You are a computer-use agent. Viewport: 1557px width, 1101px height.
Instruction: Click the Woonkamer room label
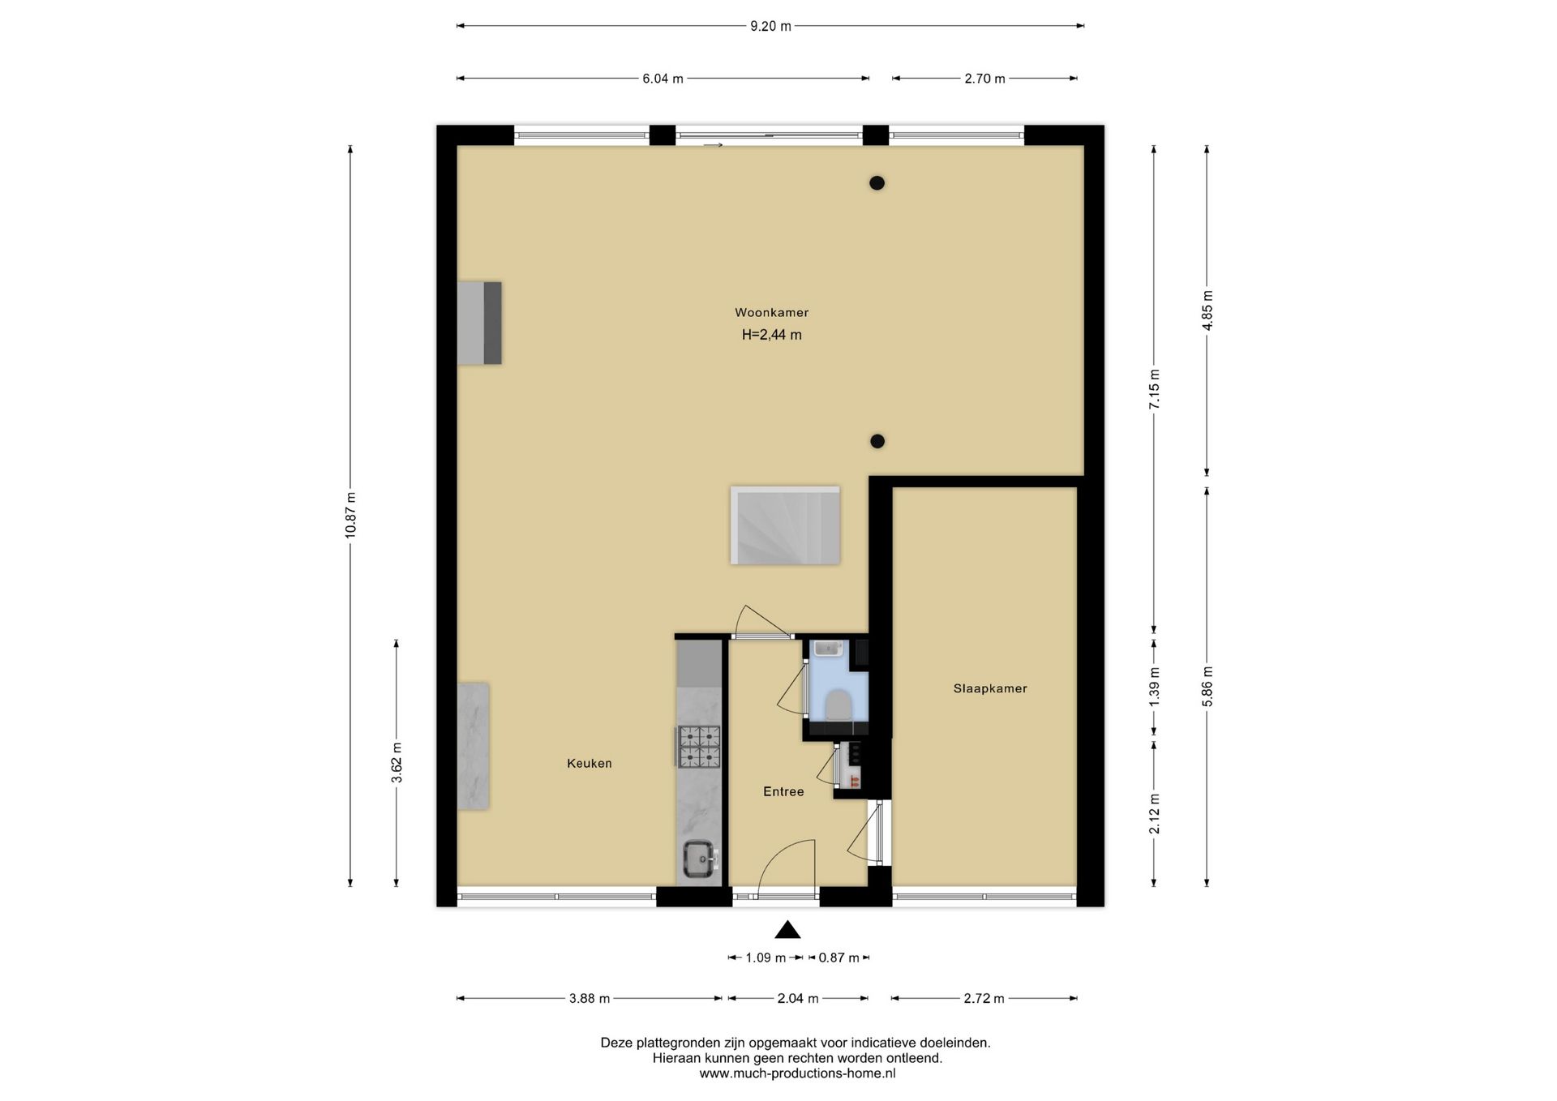click(x=771, y=312)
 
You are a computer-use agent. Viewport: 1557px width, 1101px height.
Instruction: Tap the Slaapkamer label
click(x=990, y=688)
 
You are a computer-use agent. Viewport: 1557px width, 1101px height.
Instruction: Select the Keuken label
click(x=590, y=763)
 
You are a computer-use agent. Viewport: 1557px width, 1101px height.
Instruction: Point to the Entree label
click(x=783, y=791)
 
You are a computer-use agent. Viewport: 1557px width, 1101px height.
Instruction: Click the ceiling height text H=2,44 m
click(x=771, y=335)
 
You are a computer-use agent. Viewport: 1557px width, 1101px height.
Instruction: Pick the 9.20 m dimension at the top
click(x=770, y=26)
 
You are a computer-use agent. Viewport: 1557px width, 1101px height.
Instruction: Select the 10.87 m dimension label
click(x=350, y=516)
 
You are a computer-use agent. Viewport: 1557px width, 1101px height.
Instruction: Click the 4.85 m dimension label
click(x=1207, y=311)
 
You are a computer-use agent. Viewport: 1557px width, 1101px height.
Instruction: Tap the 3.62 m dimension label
click(x=397, y=763)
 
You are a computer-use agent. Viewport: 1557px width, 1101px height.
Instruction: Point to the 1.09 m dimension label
click(x=766, y=957)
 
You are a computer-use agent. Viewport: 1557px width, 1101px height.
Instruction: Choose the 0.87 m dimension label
click(x=839, y=957)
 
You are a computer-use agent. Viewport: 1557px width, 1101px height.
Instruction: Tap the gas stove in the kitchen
click(x=699, y=747)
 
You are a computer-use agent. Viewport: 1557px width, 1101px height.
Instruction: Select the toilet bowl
click(x=837, y=705)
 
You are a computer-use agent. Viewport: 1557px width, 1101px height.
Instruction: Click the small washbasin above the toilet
click(x=829, y=649)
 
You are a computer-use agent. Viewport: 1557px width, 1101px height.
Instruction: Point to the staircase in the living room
click(x=785, y=525)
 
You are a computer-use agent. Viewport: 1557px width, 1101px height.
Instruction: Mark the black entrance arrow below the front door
click(x=787, y=930)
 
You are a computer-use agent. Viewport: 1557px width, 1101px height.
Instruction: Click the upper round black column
click(x=877, y=183)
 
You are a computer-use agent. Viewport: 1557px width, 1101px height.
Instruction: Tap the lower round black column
click(x=877, y=442)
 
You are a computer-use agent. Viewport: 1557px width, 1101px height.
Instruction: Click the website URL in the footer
click(x=797, y=1073)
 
